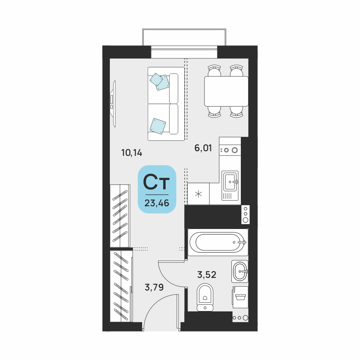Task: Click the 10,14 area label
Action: click(x=132, y=153)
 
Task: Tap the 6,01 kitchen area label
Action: click(x=203, y=148)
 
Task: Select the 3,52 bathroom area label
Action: click(x=207, y=275)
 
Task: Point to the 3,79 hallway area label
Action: click(x=154, y=287)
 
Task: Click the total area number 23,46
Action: click(x=157, y=203)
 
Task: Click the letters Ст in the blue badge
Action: click(x=156, y=182)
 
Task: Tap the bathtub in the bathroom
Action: click(x=218, y=242)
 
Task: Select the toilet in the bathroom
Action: click(x=205, y=297)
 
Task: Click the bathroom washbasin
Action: click(x=240, y=271)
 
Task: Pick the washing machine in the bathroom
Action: click(x=240, y=297)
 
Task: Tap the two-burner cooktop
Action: click(x=230, y=150)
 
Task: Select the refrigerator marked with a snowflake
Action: click(x=198, y=194)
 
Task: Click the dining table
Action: click(x=226, y=91)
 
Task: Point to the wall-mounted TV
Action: click(x=113, y=104)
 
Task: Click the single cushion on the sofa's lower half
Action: click(x=158, y=126)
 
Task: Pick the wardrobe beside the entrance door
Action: click(x=121, y=286)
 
